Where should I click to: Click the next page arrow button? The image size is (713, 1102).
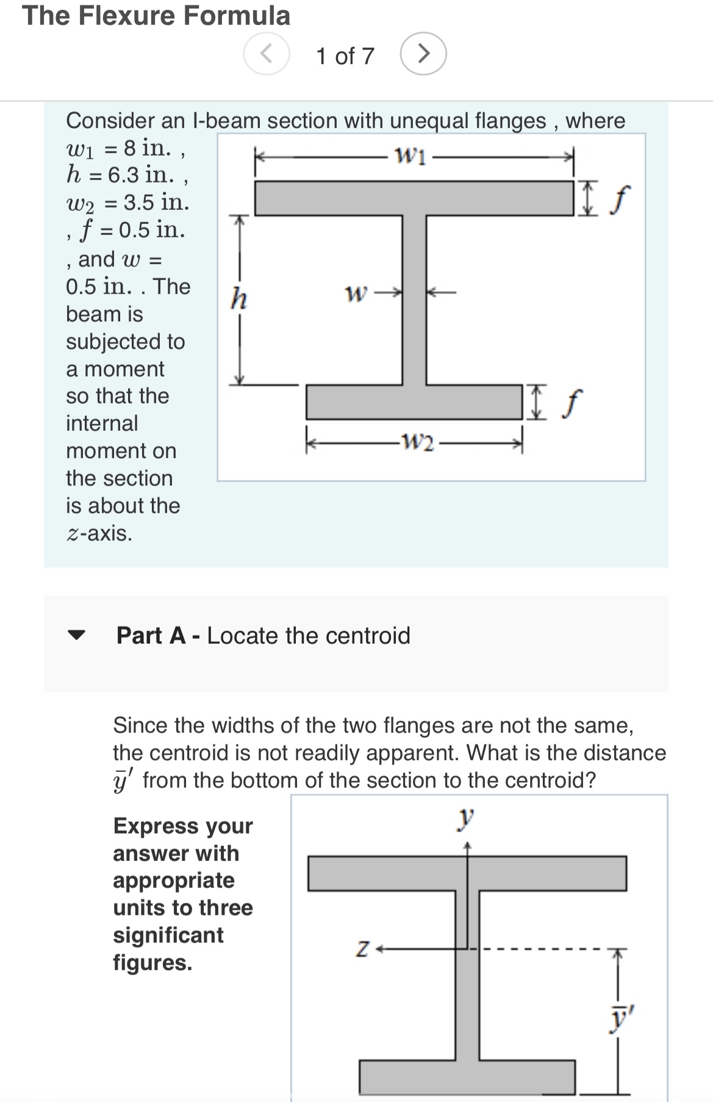click(x=423, y=54)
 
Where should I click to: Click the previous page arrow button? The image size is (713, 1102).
click(x=267, y=54)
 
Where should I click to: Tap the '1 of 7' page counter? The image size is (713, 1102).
click(x=345, y=56)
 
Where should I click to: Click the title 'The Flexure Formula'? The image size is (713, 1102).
click(x=156, y=15)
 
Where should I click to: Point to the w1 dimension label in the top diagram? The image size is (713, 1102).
click(x=411, y=156)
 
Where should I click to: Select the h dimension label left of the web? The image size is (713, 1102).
click(x=238, y=299)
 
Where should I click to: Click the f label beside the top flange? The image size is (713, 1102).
click(x=620, y=199)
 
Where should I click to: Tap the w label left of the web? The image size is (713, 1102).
click(x=356, y=294)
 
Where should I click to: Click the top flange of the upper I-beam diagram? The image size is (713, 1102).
click(x=415, y=198)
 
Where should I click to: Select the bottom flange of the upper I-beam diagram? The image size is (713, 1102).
click(x=415, y=402)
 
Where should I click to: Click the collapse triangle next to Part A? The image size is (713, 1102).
click(x=76, y=635)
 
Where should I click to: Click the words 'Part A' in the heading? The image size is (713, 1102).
click(x=151, y=635)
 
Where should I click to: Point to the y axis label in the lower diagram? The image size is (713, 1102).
click(x=467, y=817)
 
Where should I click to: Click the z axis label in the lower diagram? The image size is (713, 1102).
click(x=362, y=949)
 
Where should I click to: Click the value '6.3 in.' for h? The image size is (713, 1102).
click(x=142, y=175)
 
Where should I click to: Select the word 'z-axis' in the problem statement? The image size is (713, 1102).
click(x=99, y=533)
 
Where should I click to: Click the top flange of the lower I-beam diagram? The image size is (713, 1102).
click(x=467, y=873)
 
